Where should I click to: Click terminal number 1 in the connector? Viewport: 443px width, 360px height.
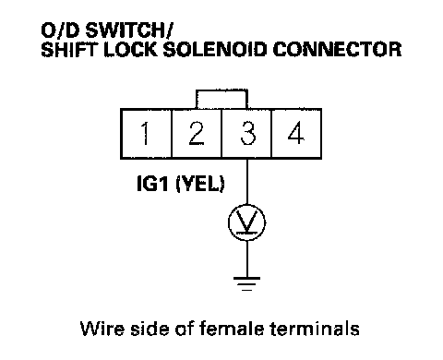tap(146, 134)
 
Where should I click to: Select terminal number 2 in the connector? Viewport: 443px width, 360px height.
tap(197, 134)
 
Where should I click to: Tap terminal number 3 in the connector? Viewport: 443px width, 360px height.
tap(246, 134)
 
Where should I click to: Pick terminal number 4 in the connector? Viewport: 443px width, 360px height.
tap(296, 134)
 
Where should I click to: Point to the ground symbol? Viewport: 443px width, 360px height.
tap(246, 284)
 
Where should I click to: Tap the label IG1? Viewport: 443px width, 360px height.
tap(152, 184)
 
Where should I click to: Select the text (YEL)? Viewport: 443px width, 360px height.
tap(200, 185)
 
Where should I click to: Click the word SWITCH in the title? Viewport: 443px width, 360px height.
tap(127, 30)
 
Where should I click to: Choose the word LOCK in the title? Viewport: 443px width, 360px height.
tap(131, 49)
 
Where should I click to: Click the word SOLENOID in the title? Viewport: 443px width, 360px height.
tap(215, 49)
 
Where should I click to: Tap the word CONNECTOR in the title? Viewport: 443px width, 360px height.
tap(337, 49)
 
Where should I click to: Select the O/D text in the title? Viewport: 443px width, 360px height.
tap(61, 30)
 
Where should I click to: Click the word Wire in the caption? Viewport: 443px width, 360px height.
tap(102, 329)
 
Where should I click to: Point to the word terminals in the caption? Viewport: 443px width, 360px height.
tap(315, 329)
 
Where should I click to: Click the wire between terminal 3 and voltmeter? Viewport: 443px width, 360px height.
tap(246, 181)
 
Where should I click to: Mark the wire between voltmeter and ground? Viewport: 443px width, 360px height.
tap(246, 258)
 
